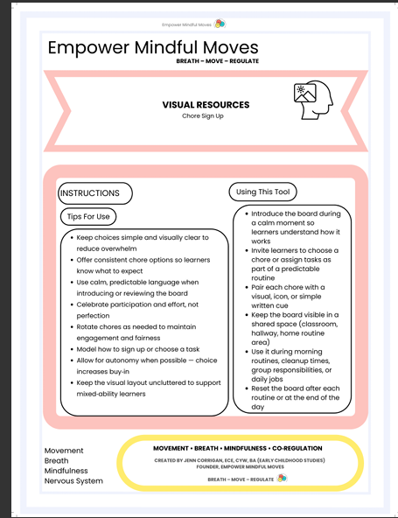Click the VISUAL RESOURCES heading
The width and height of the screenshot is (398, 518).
click(206, 105)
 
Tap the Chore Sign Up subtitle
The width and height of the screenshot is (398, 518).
click(205, 116)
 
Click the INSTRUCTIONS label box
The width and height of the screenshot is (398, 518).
click(95, 192)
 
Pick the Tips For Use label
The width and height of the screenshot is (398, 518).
click(88, 216)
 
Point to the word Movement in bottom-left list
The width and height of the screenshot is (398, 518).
click(64, 451)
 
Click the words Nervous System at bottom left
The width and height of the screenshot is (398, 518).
click(73, 481)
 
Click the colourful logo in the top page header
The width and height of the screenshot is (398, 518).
click(220, 24)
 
